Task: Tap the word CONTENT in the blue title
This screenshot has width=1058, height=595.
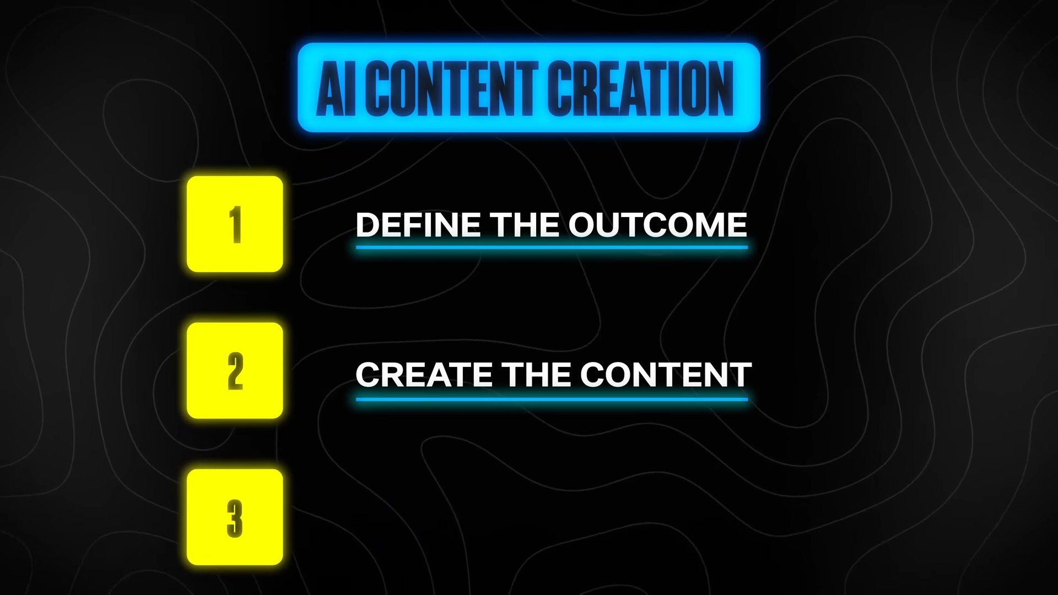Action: tap(451, 88)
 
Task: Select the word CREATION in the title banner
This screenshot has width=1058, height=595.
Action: tap(640, 88)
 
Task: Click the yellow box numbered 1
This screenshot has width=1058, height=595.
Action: tap(235, 224)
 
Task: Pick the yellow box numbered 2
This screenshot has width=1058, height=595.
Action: tap(235, 370)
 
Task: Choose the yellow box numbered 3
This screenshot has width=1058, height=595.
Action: tap(235, 517)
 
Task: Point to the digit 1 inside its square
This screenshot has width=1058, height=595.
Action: tap(235, 224)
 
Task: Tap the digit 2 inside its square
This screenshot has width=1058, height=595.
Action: tap(235, 371)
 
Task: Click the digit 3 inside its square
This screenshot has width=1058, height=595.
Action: tap(235, 518)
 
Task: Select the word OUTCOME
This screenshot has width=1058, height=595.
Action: tap(658, 224)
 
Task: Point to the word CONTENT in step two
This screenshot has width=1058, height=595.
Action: tap(666, 375)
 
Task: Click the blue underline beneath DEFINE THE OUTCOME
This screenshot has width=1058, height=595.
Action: tap(552, 247)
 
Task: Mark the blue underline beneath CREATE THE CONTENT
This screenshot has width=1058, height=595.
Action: tap(552, 399)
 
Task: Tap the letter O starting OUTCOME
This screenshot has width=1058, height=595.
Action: tap(582, 224)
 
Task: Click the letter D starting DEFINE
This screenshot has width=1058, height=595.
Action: tap(368, 224)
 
